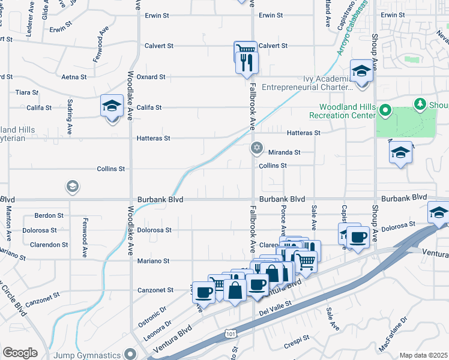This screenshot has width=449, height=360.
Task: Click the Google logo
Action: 20,353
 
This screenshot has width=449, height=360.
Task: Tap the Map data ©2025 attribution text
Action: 423,355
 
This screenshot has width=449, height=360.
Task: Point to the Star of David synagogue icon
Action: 257,148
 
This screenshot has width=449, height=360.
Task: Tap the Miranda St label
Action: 283,153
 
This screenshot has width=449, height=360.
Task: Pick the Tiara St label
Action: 27,93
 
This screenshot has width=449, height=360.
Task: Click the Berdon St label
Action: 49,215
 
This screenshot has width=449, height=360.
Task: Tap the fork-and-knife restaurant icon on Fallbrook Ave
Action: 247,62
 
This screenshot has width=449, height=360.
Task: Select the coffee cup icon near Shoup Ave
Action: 359,237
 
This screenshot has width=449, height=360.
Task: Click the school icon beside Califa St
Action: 112,106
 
